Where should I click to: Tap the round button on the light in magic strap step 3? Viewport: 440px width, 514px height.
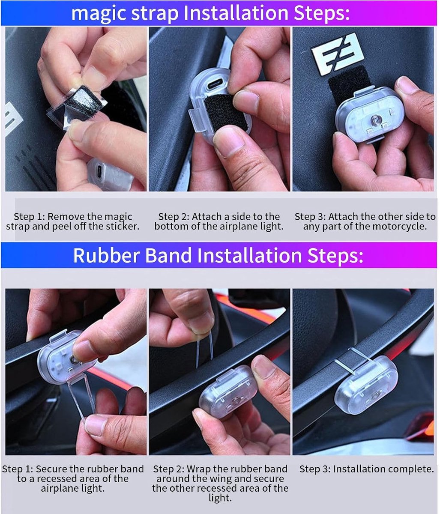pos(373,121)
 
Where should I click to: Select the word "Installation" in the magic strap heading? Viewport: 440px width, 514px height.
pos(236,13)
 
